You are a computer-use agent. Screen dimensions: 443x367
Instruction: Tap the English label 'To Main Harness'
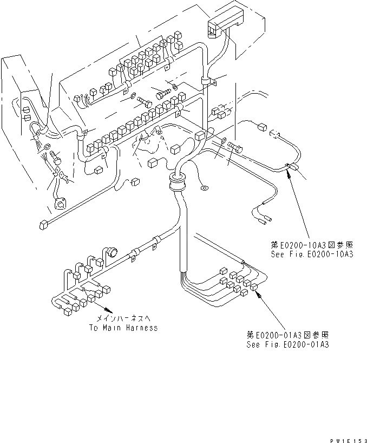pyautogui.click(x=123, y=328)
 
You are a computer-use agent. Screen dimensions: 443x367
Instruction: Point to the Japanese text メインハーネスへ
pyautogui.click(x=123, y=320)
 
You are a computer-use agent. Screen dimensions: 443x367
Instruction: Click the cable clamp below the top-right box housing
pyautogui.click(x=207, y=82)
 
